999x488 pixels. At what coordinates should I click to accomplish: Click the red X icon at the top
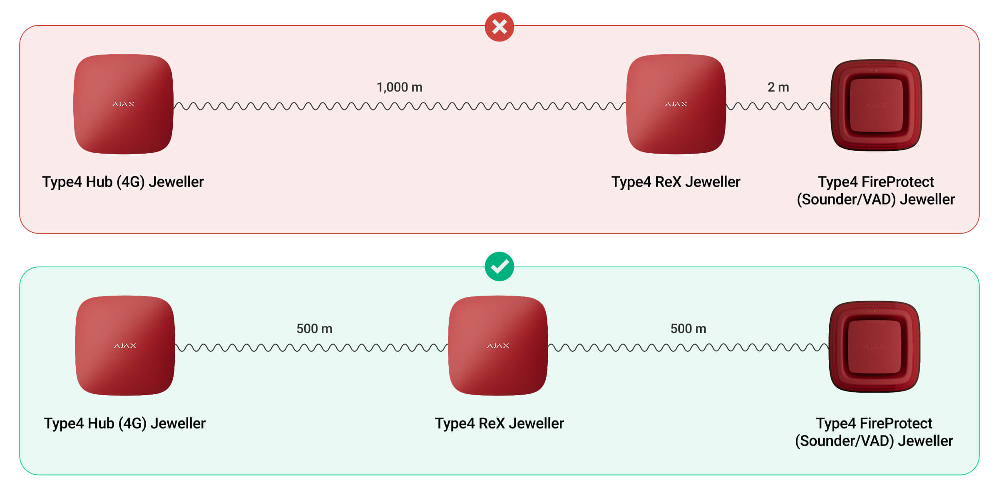499,27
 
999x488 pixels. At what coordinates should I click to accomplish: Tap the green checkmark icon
499,266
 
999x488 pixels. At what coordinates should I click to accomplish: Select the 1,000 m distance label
399,87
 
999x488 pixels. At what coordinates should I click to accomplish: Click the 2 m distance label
778,87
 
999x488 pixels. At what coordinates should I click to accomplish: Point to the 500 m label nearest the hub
314,329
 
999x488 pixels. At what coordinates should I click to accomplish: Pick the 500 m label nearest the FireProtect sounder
688,329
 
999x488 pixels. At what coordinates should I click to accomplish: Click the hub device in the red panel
123,104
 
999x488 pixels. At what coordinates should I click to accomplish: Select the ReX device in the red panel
676,104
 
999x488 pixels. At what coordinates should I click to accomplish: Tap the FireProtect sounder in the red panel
876,105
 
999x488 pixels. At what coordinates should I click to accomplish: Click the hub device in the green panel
125,346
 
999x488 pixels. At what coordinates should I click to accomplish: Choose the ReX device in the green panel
498,346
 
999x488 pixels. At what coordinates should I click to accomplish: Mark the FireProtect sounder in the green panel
875,346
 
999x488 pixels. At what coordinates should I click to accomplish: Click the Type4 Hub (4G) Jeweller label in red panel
123,182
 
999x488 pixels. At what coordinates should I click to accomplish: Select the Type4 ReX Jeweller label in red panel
676,182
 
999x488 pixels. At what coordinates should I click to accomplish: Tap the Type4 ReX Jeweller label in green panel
499,423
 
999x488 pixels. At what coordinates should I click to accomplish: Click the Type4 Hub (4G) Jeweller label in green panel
124,423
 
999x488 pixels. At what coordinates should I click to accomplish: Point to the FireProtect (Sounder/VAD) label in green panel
874,432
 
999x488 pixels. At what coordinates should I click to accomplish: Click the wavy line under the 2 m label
778,106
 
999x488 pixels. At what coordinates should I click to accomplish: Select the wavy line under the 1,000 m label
400,106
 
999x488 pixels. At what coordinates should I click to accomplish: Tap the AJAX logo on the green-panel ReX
498,346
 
